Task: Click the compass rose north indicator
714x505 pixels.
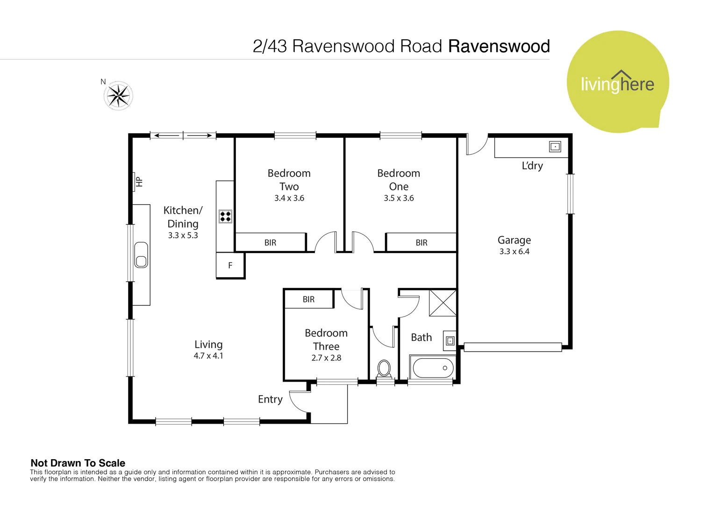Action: (x=119, y=96)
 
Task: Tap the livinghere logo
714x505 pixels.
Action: (x=617, y=83)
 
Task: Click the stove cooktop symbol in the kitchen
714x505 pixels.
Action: (x=225, y=216)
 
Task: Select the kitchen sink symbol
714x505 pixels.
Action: (x=141, y=255)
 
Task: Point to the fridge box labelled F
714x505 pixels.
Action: (x=230, y=266)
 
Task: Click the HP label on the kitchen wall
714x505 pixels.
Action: (x=139, y=182)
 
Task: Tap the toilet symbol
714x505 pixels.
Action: (x=384, y=368)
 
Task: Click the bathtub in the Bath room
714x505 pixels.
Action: (x=433, y=368)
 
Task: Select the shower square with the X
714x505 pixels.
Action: (x=443, y=303)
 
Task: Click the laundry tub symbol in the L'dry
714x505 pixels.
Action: (x=555, y=147)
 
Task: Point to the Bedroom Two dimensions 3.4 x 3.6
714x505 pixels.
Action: (x=289, y=198)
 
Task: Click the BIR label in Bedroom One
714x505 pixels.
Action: (x=421, y=243)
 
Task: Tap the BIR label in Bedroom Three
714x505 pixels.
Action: (x=308, y=299)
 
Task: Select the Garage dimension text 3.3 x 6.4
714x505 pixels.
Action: (x=514, y=252)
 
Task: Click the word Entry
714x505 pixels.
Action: (x=270, y=399)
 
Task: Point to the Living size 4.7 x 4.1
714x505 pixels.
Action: (x=208, y=356)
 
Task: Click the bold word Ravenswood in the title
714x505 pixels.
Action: (x=499, y=46)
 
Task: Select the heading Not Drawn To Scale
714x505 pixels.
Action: (x=78, y=463)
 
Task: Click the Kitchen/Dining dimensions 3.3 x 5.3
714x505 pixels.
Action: (x=183, y=236)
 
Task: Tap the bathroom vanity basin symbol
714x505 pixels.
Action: (x=450, y=341)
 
